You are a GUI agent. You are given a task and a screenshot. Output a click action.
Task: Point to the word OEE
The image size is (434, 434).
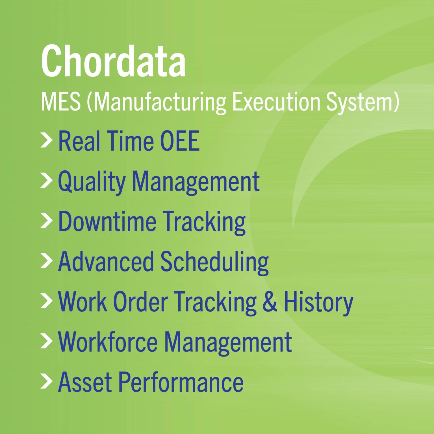pos(180,141)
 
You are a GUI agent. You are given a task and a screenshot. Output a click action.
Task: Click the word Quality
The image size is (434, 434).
pos(92,182)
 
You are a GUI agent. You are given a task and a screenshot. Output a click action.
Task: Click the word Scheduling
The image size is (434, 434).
pos(215,262)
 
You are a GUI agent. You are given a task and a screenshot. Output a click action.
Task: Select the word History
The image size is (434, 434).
pos(318,302)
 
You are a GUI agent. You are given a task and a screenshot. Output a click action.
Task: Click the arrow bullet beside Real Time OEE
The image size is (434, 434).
pos(46,141)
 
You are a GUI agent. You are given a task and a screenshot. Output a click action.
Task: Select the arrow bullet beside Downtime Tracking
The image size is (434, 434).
pos(46,221)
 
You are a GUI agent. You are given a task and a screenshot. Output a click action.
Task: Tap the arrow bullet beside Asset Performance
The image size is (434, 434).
pos(46,381)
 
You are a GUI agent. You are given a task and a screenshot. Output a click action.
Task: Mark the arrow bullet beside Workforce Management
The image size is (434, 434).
pos(46,341)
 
